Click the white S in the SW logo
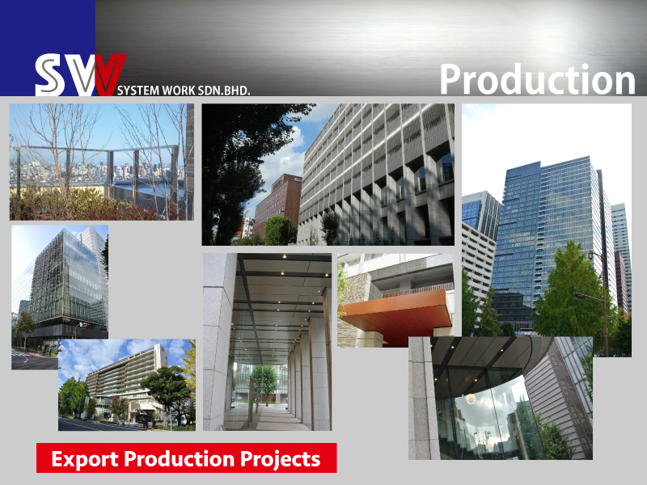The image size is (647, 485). [x=50, y=75]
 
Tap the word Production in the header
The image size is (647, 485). [x=537, y=79]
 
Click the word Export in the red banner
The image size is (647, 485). [x=86, y=459]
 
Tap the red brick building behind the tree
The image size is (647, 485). [x=277, y=202]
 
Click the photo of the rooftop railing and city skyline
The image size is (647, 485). [x=102, y=162]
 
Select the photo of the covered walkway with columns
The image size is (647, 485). [x=267, y=342]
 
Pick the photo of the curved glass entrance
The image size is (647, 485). [x=501, y=398]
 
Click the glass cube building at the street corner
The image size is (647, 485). [x=66, y=280]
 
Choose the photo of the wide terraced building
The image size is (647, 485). [x=127, y=385]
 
